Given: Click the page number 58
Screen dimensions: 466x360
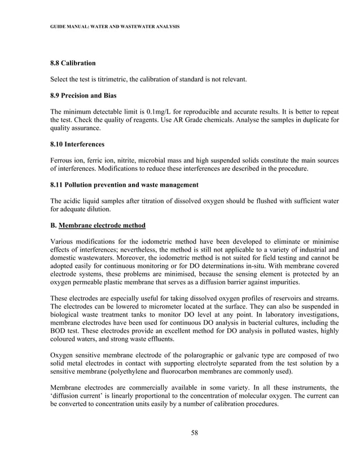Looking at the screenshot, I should point(194,433).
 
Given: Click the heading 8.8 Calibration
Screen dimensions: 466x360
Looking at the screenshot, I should point(73,62).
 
